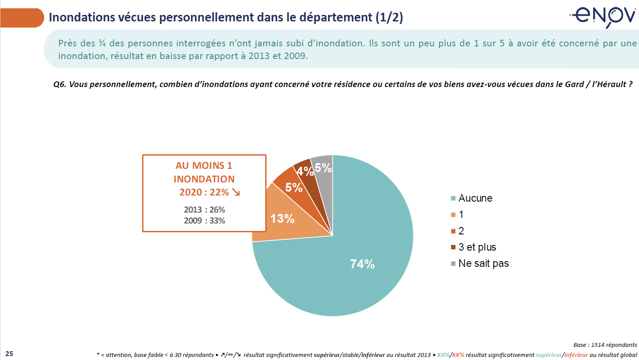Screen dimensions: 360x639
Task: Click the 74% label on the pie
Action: [x=362, y=264]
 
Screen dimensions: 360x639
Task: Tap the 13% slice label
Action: [x=282, y=219]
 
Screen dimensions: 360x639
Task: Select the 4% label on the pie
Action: [x=305, y=171]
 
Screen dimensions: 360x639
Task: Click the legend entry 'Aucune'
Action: [x=475, y=198]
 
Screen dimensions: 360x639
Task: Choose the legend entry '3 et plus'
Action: [x=477, y=247]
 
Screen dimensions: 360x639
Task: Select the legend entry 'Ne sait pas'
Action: [x=483, y=263]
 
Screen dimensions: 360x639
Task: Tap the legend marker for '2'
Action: [x=454, y=231]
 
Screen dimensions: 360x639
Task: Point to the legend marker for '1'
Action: [x=454, y=215]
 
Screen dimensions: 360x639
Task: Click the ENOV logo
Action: [x=603, y=16]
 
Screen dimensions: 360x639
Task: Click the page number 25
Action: [x=9, y=354]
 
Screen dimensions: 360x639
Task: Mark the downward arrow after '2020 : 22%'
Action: [x=236, y=192]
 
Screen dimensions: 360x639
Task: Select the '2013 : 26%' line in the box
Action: [x=204, y=210]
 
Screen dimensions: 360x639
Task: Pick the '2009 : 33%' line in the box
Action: [x=204, y=221]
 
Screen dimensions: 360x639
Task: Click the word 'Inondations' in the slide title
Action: [x=82, y=17]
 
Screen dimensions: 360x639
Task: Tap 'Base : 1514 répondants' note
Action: [x=605, y=345]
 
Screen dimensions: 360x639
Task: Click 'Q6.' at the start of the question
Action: [x=59, y=84]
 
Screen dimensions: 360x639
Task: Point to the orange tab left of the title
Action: [x=22, y=18]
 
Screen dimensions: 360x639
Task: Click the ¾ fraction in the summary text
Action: [x=102, y=43]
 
